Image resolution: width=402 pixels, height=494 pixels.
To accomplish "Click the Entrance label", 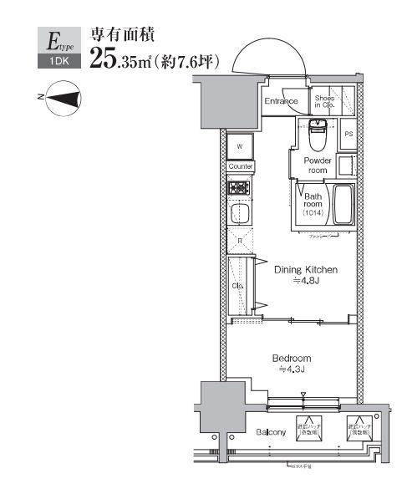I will click(282, 102).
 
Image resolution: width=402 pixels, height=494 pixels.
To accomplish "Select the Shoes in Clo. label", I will click(325, 101).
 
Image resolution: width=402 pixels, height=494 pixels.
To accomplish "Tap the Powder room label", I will click(317, 165).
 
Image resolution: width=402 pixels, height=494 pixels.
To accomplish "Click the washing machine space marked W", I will click(240, 146).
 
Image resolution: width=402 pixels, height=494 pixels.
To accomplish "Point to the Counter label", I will click(240, 166).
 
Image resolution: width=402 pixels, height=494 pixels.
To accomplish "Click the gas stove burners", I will click(240, 187).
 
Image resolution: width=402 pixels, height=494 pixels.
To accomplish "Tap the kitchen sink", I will click(241, 214).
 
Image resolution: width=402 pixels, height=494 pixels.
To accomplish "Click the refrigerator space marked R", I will click(240, 242).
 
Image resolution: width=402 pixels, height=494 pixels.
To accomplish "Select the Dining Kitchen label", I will click(306, 270).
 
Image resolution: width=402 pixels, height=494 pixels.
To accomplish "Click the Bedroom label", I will click(292, 359).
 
